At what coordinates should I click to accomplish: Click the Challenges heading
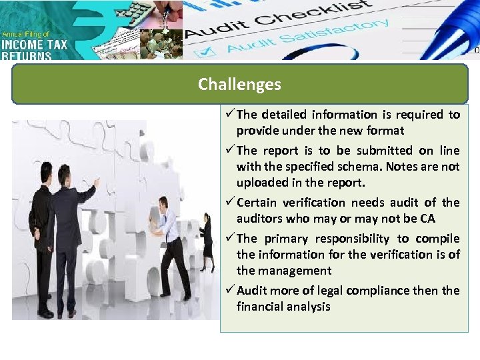coord(239,85)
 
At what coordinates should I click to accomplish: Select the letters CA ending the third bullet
coord(427,219)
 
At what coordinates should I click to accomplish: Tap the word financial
coord(259,307)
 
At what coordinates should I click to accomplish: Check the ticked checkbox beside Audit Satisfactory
coord(207,50)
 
